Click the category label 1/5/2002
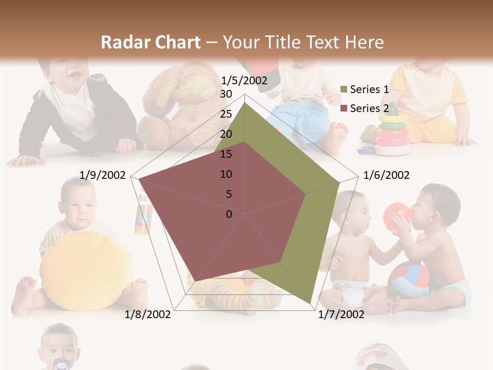tap(244, 80)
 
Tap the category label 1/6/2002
tap(386, 175)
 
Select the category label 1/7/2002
tap(341, 314)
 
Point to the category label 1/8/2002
tap(148, 314)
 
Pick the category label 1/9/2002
tap(103, 175)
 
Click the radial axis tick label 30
tap(226, 94)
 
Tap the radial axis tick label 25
tap(226, 114)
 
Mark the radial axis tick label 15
tap(226, 154)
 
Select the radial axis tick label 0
tap(229, 214)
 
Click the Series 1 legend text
tap(369, 89)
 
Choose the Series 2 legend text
tap(369, 108)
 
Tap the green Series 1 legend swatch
tap(344, 90)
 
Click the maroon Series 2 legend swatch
tap(344, 109)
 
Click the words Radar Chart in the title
tap(150, 43)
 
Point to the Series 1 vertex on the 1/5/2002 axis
tap(244, 103)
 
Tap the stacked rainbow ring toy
tap(393, 134)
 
